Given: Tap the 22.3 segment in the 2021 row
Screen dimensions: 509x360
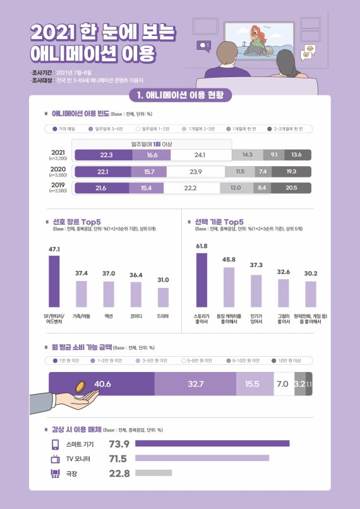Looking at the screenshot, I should [103, 155].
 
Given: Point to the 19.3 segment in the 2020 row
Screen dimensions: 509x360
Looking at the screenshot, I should [291, 171].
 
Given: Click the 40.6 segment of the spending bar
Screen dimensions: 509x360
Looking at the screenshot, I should [102, 384].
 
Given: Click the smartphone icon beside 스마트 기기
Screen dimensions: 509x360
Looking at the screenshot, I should [55, 443].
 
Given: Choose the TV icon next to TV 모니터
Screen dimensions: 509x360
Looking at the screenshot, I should [55, 458].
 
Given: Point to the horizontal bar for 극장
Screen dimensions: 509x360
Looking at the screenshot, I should [153, 472].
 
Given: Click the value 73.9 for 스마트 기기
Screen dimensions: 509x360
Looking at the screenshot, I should [119, 443].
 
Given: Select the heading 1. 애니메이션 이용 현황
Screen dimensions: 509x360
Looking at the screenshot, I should [180, 95].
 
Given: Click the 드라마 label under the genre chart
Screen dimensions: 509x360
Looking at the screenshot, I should [163, 315].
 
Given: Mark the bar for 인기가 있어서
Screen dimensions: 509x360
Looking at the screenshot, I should [256, 290].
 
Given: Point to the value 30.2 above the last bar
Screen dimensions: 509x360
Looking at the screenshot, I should [310, 273].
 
